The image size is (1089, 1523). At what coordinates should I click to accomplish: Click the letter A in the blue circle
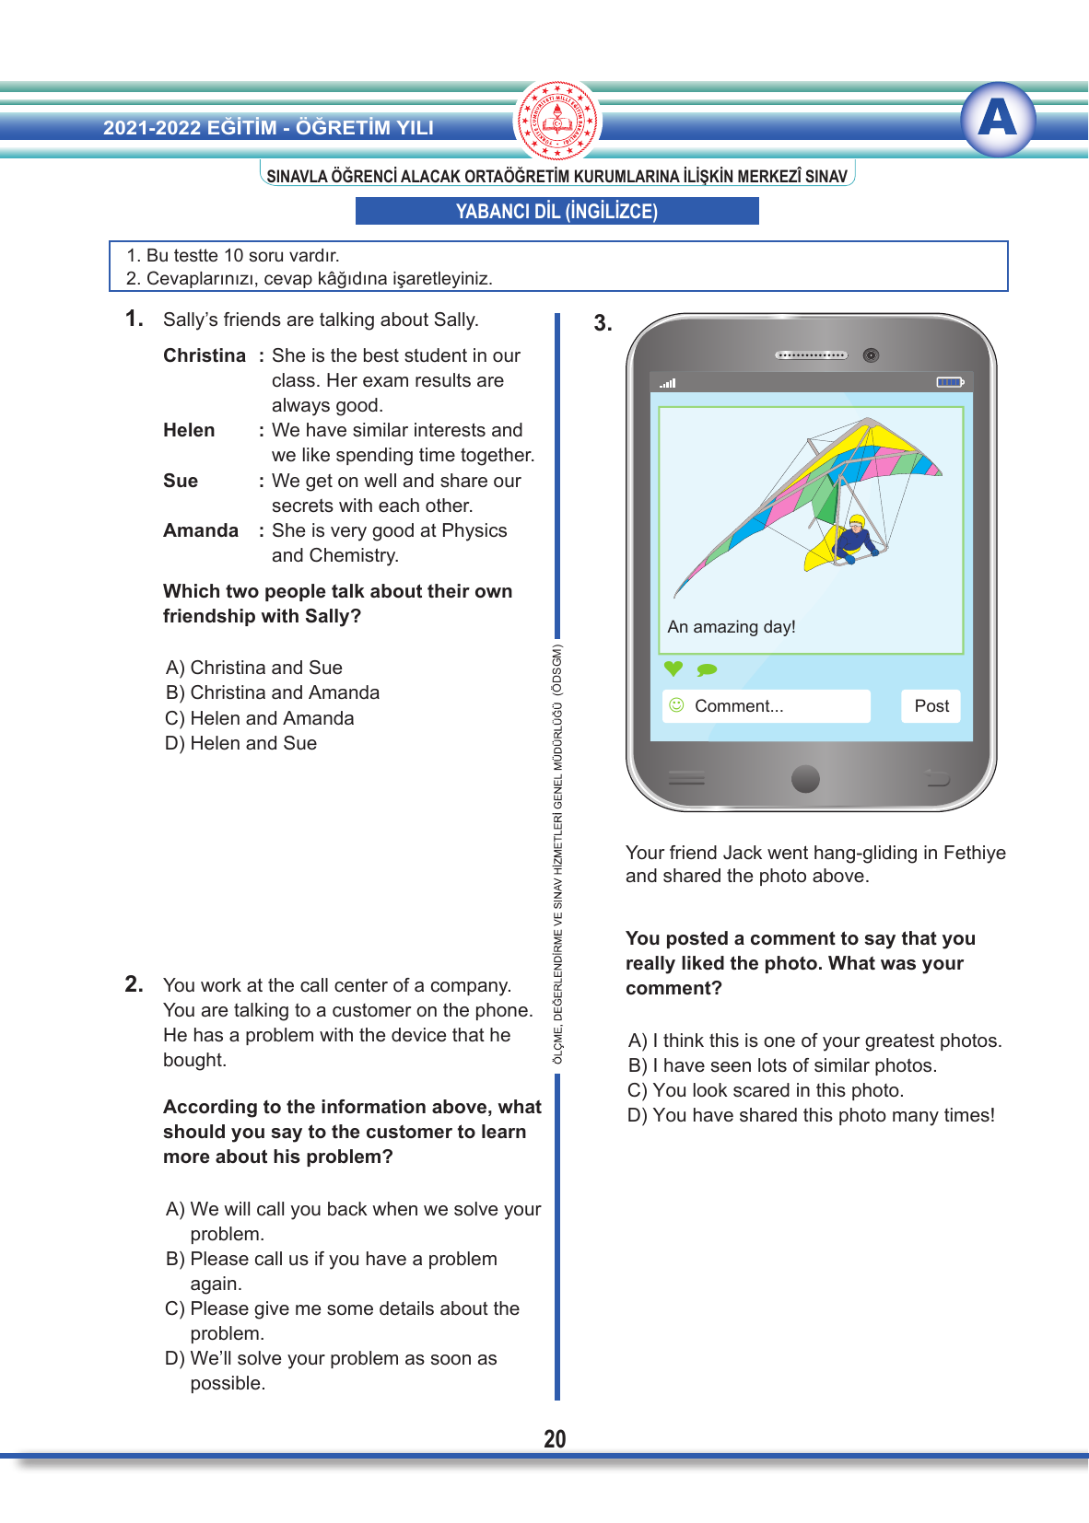998,119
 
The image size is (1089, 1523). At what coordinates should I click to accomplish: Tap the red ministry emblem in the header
557,121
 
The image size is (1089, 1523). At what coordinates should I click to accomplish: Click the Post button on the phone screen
931,706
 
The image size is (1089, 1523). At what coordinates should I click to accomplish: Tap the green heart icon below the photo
673,668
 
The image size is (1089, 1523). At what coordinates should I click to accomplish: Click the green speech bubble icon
707,669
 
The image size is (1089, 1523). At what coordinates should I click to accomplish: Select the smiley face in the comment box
676,705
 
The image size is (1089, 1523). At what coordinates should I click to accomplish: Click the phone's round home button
805,779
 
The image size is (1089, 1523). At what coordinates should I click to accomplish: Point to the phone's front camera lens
871,355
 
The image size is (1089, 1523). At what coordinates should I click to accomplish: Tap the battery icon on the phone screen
949,382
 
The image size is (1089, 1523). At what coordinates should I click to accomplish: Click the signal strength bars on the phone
668,383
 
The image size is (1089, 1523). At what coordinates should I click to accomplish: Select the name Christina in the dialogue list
205,356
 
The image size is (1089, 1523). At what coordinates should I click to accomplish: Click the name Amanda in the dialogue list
201,531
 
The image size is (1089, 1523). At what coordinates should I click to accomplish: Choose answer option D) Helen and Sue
241,744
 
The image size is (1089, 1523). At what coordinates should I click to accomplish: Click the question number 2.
135,984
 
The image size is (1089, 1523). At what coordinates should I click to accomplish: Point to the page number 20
555,1439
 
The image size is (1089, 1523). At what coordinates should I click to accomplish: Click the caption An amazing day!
732,627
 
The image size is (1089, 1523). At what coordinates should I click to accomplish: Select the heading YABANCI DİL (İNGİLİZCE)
556,212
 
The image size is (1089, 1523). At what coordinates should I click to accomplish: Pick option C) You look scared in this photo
766,1091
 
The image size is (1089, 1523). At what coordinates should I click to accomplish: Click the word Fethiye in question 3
975,854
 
